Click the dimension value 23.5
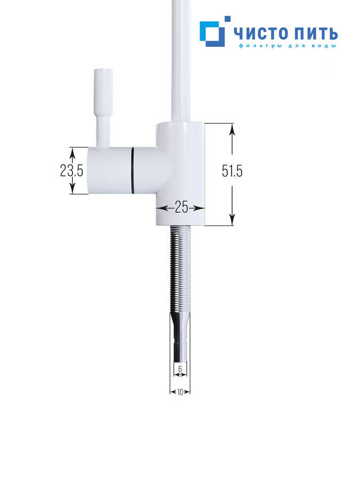(71, 171)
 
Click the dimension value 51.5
(233, 171)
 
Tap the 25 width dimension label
(181, 208)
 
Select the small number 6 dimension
(180, 369)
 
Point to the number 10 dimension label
(180, 392)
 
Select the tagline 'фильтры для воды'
(287, 46)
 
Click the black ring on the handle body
(133, 171)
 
